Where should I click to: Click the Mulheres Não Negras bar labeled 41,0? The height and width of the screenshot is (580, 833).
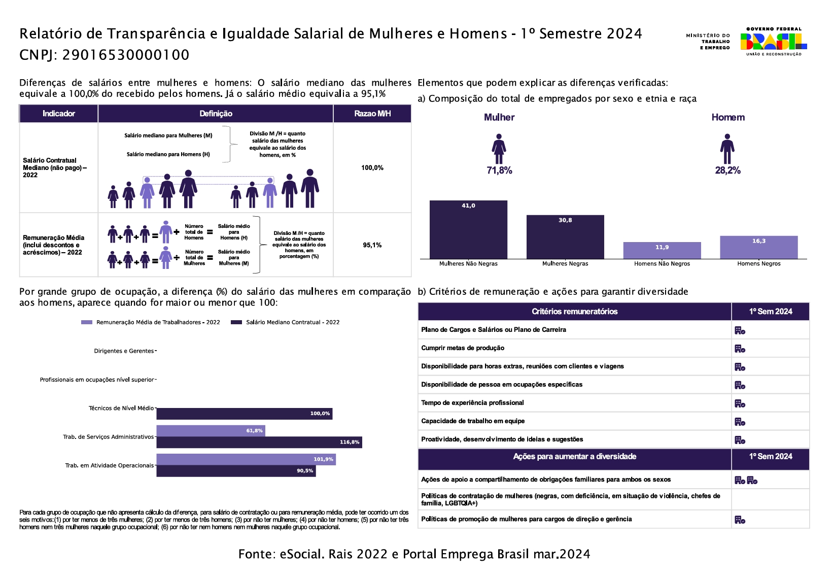click(468, 229)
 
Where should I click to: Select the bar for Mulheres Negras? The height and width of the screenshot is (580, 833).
click(565, 237)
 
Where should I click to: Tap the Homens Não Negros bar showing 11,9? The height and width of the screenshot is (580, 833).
click(662, 250)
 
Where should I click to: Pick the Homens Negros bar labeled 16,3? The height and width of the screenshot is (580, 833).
click(759, 247)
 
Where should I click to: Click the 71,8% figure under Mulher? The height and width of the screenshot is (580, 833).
click(499, 170)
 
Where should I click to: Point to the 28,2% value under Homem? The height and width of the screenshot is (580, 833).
click(727, 170)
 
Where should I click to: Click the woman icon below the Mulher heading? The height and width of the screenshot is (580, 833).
click(499, 149)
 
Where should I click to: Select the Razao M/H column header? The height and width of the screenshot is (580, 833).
click(372, 114)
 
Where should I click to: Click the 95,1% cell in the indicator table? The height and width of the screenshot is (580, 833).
click(372, 245)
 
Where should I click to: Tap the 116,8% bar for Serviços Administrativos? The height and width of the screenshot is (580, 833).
click(259, 442)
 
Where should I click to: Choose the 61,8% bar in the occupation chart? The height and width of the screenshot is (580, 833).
click(211, 431)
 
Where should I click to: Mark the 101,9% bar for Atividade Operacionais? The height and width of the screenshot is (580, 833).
click(246, 459)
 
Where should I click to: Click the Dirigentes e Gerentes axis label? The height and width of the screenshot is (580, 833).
click(124, 351)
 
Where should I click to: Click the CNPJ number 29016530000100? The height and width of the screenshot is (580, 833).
click(125, 55)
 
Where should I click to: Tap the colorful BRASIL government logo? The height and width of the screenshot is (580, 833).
click(773, 42)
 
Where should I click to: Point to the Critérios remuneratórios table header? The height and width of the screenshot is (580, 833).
click(574, 312)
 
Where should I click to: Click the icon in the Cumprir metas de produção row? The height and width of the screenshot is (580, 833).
click(740, 349)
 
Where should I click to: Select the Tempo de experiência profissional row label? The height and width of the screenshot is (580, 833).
click(472, 403)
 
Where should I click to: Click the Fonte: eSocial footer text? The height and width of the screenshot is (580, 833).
click(414, 554)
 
